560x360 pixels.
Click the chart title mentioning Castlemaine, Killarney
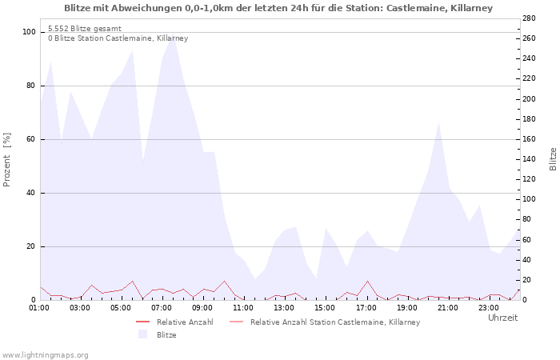click(x=278, y=8)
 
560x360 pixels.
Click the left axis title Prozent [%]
click(x=7, y=159)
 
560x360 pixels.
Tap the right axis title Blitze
click(x=553, y=158)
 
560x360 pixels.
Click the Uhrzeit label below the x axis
click(x=502, y=318)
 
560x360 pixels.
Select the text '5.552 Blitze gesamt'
click(x=85, y=29)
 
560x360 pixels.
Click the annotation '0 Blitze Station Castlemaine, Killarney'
click(x=118, y=38)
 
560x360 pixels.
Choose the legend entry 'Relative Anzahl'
click(x=184, y=322)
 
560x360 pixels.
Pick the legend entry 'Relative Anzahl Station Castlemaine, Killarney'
click(x=334, y=322)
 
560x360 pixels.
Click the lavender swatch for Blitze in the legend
click(x=143, y=334)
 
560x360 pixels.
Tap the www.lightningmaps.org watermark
click(x=45, y=354)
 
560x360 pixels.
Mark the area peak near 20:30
click(x=438, y=123)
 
